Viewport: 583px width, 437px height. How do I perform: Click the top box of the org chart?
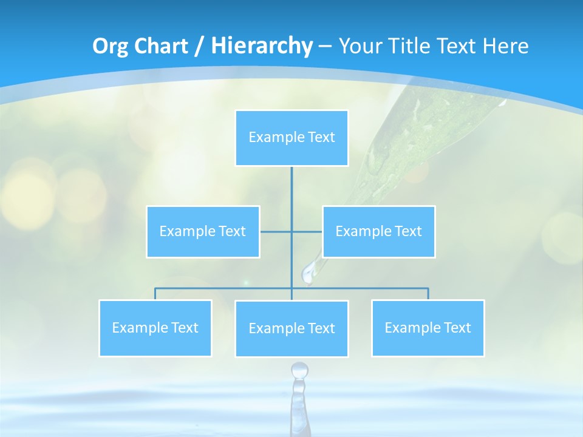291,138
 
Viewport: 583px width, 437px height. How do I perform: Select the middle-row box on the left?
203,231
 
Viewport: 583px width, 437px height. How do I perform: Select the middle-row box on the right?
378,231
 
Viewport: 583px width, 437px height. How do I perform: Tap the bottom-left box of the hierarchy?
155,328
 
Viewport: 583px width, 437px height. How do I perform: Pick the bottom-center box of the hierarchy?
291,328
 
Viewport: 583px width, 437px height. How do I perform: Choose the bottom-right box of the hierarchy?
428,328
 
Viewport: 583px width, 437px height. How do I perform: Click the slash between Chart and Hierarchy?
199,46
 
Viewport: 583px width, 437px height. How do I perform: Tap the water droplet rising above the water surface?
299,370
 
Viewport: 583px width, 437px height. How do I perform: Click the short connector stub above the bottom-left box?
155,294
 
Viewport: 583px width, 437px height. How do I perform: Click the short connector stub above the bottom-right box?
428,294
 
